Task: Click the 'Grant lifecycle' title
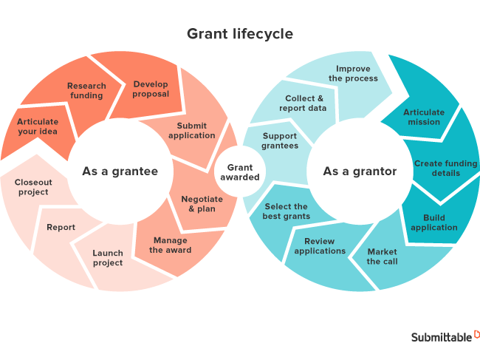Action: coord(239,34)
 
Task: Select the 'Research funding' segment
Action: coord(86,90)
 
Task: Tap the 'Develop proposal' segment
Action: coord(151,89)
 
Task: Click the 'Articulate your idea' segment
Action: coord(37,126)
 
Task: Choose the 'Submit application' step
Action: coord(191,131)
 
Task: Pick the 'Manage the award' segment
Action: coord(170,245)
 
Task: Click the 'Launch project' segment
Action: coord(108,258)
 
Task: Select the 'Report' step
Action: coord(61,227)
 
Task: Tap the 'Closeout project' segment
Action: coord(32,187)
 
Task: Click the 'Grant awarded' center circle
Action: coord(239,172)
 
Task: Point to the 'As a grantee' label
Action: coord(120,171)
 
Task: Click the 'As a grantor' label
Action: coord(360,171)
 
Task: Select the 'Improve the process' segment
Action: coord(353,74)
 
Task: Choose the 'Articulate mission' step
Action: coord(424,117)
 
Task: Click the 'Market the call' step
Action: coord(382,257)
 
